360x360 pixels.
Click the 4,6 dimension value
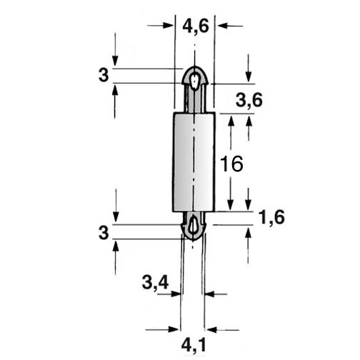(196, 26)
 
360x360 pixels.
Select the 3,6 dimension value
(249, 101)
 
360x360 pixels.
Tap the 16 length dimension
(231, 164)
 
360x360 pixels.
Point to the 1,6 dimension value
(271, 218)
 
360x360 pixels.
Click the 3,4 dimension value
(155, 283)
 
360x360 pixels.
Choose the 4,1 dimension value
(194, 346)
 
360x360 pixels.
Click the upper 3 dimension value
(104, 75)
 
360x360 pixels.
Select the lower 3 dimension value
(104, 232)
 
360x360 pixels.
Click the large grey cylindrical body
(194, 161)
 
